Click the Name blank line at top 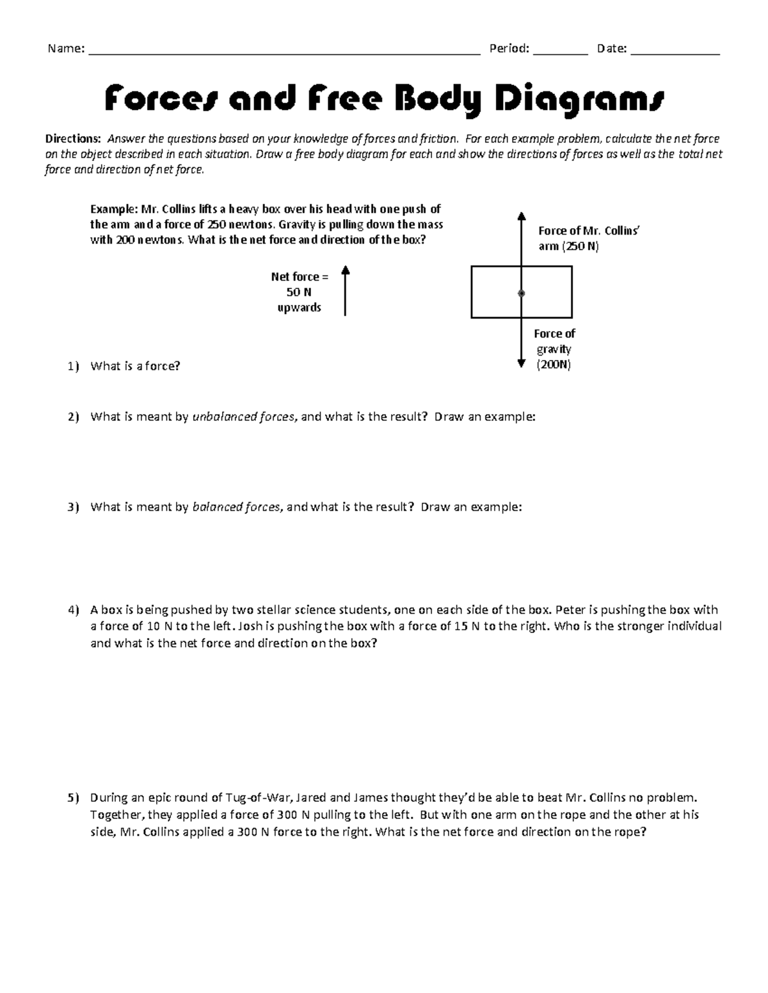click(x=284, y=54)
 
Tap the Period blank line click(x=560, y=54)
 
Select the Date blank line click(x=675, y=54)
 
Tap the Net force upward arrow click(x=345, y=291)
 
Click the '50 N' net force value click(x=299, y=292)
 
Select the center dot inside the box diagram click(x=522, y=293)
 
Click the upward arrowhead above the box click(x=522, y=216)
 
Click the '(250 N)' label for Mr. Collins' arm click(x=580, y=246)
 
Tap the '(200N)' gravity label click(x=554, y=364)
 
